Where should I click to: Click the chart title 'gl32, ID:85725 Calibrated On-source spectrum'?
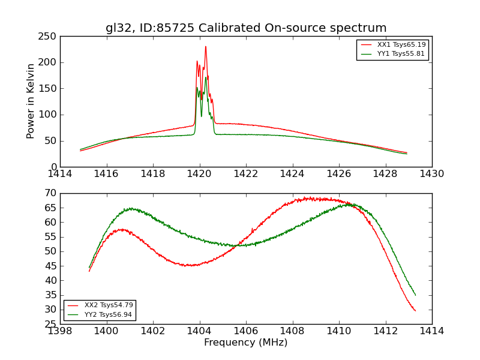point(246,28)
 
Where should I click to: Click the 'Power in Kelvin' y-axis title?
point(31,101)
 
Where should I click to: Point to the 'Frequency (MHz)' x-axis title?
point(246,343)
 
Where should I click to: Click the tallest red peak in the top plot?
point(205,47)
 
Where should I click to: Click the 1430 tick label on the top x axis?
point(431,174)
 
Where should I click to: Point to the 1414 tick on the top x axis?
point(60,174)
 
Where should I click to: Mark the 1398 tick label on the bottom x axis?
point(60,331)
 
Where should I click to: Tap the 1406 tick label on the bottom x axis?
point(246,331)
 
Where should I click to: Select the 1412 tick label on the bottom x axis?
point(385,331)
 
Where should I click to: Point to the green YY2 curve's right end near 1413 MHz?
point(415,295)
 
